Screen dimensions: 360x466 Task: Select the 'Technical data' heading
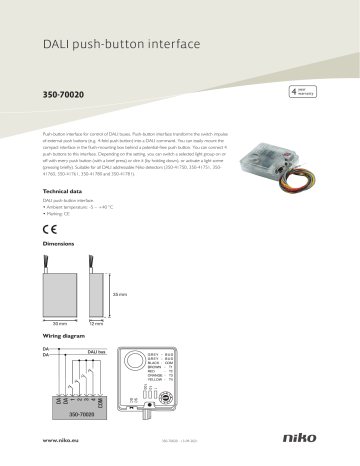(x=63, y=190)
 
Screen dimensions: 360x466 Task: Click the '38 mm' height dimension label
(x=120, y=294)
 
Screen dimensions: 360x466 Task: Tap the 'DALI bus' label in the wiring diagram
(x=98, y=353)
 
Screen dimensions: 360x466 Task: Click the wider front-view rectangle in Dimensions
(x=59, y=294)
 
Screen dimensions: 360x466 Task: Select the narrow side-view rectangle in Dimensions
(x=96, y=294)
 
